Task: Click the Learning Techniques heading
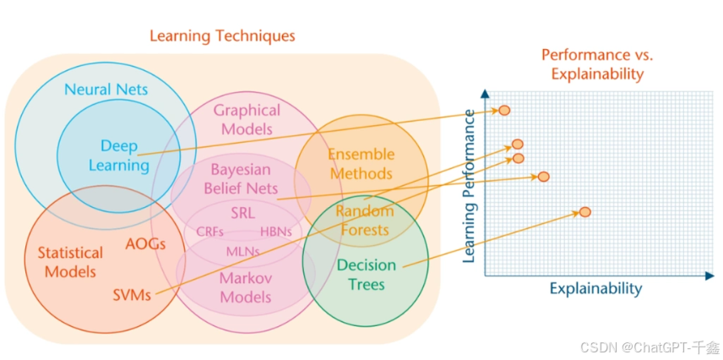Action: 222,36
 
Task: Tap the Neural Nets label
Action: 106,89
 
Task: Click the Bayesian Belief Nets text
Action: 242,178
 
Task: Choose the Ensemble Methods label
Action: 361,164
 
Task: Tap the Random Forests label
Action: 363,220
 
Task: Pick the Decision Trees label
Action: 367,275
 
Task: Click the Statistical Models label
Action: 70,262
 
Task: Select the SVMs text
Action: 132,296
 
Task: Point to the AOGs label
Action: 144,244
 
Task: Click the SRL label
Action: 242,212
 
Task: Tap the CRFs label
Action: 209,231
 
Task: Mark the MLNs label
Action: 242,251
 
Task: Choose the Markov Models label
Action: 246,287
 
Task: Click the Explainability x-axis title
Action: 595,289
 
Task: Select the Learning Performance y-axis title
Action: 470,187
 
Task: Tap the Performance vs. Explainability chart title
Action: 597,64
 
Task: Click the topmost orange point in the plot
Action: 504,110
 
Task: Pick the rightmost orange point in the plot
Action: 584,211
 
